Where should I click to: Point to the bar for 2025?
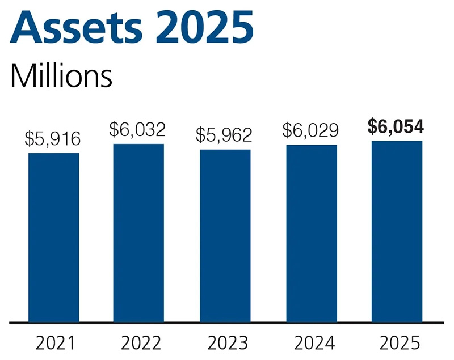[397, 232]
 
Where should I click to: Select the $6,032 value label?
[138, 130]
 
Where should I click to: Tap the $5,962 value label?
[225, 135]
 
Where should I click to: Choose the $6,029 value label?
[311, 131]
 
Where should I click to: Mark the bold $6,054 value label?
[396, 126]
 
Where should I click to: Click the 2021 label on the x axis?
[54, 343]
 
